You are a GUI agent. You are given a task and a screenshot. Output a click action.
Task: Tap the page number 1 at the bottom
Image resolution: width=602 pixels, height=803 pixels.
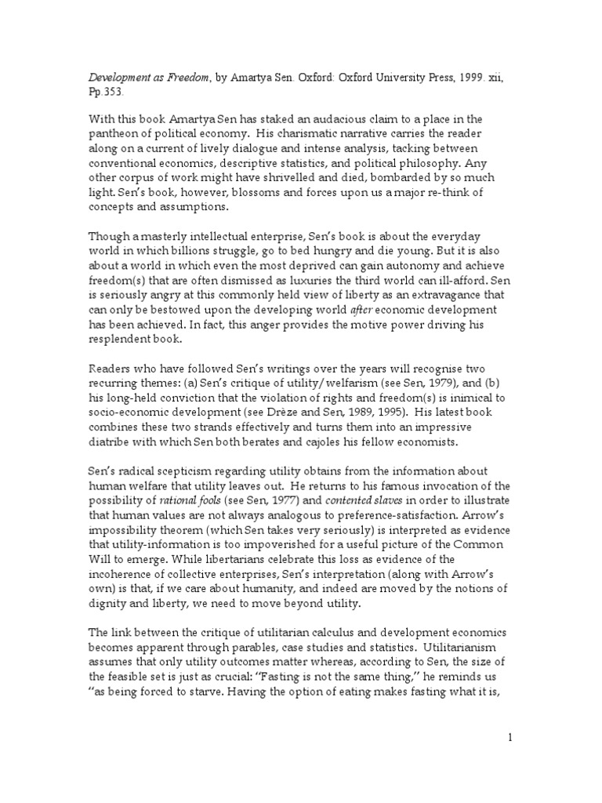pyautogui.click(x=510, y=737)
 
